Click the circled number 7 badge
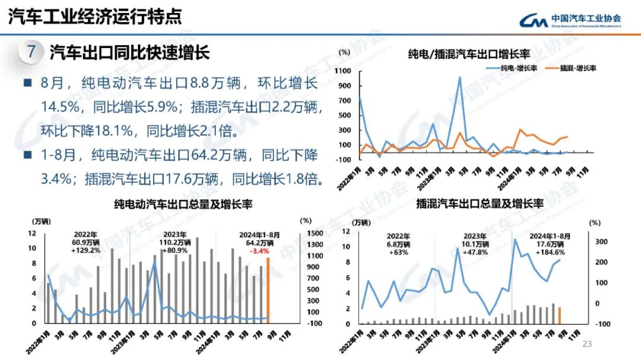click(31, 52)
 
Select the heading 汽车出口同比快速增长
click(129, 52)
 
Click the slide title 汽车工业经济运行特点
click(95, 17)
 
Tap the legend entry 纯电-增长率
click(513, 68)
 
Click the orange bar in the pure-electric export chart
click(268, 291)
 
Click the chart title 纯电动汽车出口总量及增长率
click(183, 204)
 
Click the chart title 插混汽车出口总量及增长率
click(480, 204)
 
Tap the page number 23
click(588, 344)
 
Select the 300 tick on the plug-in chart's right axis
click(601, 242)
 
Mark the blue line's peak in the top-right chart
click(459, 77)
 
